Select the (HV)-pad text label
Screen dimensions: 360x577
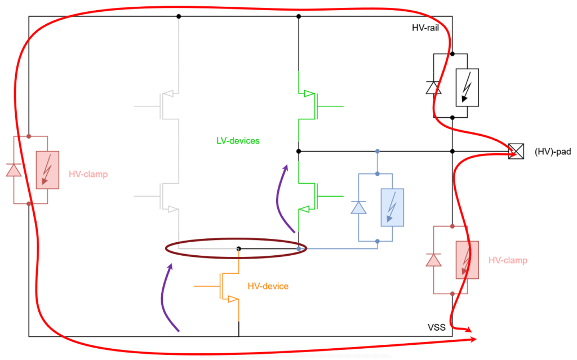pos(552,151)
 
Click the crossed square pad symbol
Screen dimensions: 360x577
pos(515,151)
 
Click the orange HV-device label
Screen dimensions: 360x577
pos(268,286)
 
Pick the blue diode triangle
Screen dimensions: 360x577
pos(358,207)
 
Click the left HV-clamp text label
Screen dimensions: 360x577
pos(88,175)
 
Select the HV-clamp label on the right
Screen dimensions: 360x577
pos(508,260)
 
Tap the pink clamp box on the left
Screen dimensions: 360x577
pos(47,170)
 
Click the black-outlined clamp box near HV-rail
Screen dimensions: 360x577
pos(467,87)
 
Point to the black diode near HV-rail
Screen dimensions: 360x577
pos(433,87)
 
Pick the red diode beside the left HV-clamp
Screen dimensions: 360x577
pos(14,170)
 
